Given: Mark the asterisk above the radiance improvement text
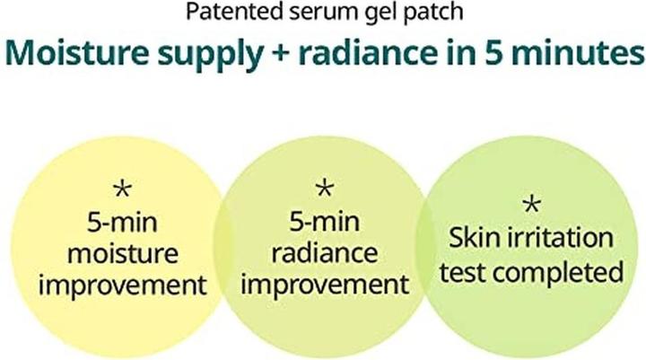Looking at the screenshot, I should [325, 189].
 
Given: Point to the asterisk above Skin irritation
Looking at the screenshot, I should [531, 205].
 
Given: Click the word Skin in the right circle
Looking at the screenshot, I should [476, 238].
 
